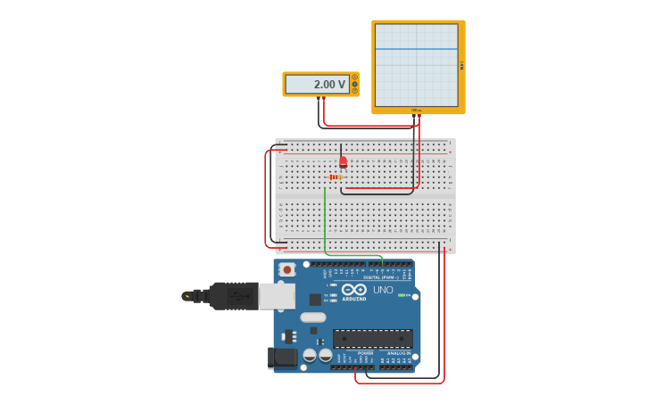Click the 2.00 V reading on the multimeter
click(x=328, y=85)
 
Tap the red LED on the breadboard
click(x=343, y=161)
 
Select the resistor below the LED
click(x=336, y=177)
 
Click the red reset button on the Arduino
click(x=286, y=268)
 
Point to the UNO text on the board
click(x=383, y=290)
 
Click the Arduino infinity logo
click(x=354, y=289)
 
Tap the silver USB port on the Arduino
click(x=278, y=296)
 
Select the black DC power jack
click(x=283, y=358)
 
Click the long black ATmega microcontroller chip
click(x=373, y=339)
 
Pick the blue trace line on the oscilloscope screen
click(x=416, y=49)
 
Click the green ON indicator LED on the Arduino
click(x=402, y=295)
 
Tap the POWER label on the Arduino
click(x=366, y=353)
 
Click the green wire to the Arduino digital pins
click(x=325, y=223)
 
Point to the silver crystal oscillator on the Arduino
click(x=313, y=317)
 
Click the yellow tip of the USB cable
click(x=187, y=296)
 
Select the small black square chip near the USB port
click(x=315, y=300)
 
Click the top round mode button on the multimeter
click(x=354, y=78)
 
